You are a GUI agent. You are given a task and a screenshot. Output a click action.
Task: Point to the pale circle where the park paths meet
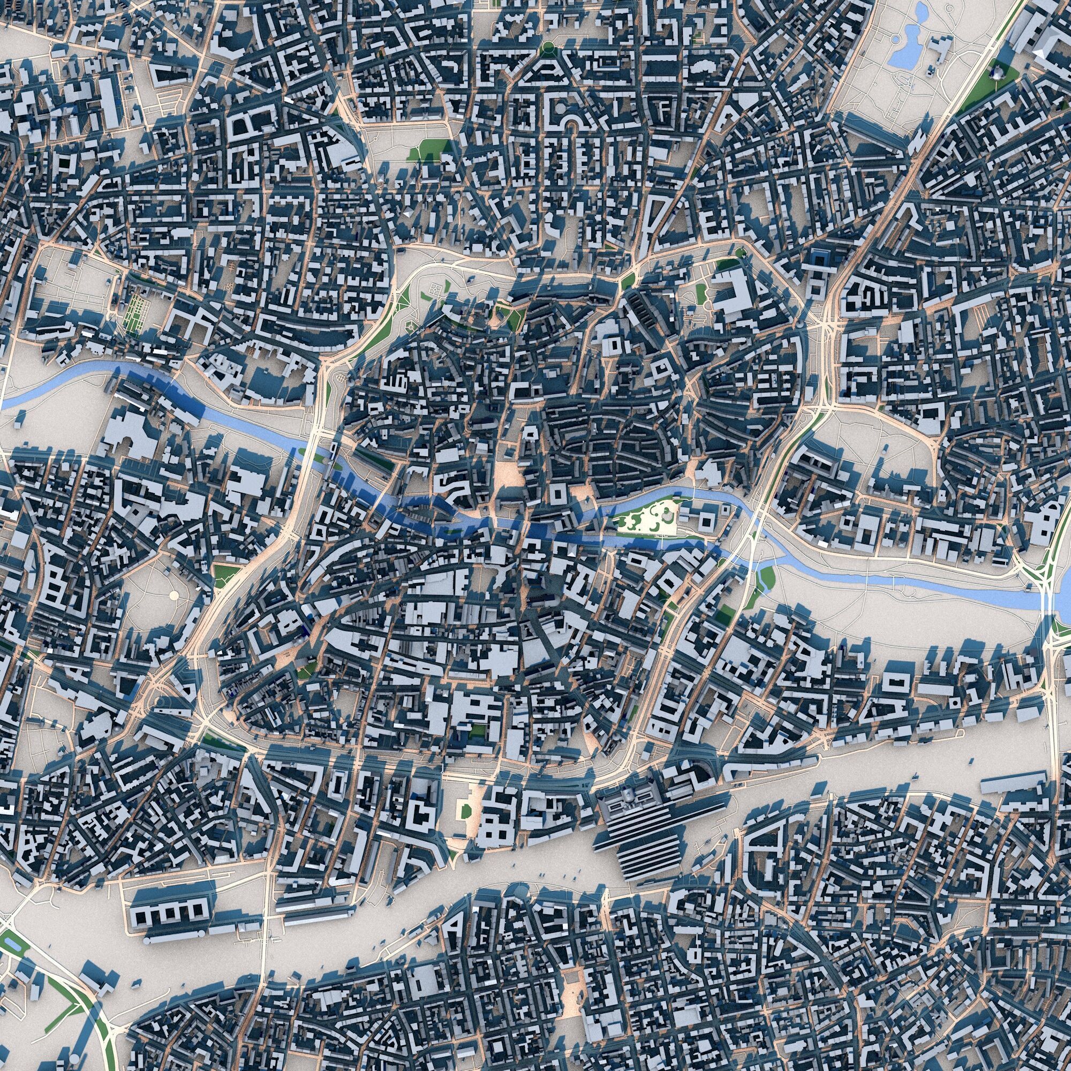pos(175,595)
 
